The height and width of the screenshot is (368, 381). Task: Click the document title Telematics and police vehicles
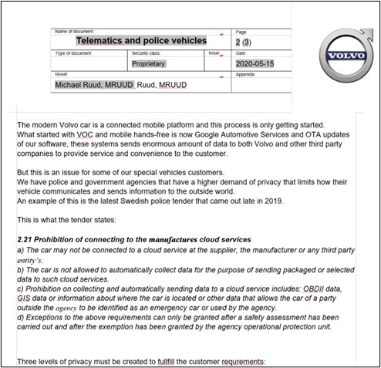[x=140, y=40]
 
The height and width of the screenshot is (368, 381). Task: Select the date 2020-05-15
[x=254, y=64]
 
